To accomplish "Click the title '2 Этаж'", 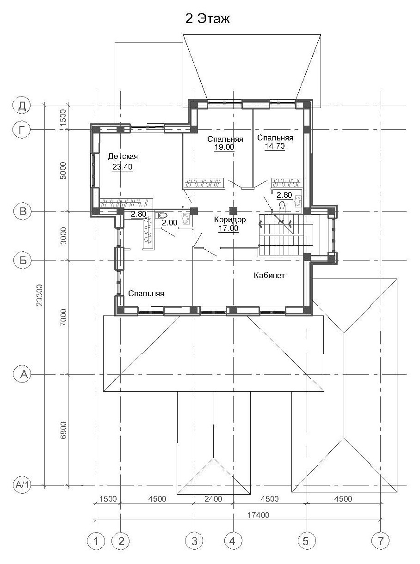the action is [x=208, y=19].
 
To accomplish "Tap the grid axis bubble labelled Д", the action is [x=22, y=105].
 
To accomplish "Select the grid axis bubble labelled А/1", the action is [x=22, y=485].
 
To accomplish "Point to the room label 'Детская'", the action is [x=123, y=157].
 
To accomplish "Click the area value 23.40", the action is [x=123, y=167].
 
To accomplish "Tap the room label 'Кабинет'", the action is [x=269, y=275].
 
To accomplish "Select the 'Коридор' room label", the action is [x=230, y=219].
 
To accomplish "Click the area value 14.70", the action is [x=275, y=146].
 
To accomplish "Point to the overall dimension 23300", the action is [x=40, y=295].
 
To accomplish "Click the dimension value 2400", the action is [x=213, y=499].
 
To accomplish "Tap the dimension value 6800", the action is [x=63, y=430].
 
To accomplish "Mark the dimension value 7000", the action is [x=63, y=317].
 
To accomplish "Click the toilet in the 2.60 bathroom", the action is [x=282, y=206].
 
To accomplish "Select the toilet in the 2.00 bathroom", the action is [x=161, y=215].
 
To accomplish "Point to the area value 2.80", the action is [x=139, y=214].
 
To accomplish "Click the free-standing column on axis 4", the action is [x=233, y=211].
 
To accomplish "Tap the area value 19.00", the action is [x=224, y=147].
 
